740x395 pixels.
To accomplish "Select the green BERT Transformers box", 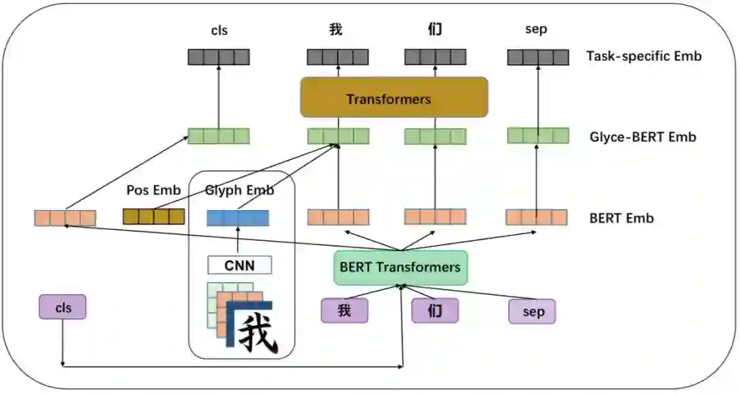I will coord(400,267).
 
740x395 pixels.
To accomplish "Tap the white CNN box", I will coord(239,264).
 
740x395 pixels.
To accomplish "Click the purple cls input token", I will coord(63,307).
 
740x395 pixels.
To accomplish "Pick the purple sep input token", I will coord(532,311).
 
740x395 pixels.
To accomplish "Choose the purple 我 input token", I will coord(344,311).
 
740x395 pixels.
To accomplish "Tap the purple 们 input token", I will coord(434,311).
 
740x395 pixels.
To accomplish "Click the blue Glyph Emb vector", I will coord(238,218).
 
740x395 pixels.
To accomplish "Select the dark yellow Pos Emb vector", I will coord(153,217).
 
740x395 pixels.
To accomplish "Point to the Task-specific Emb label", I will coord(644,56).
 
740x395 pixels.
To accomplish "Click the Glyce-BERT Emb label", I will coord(643,137).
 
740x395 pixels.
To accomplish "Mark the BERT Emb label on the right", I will coord(621,218).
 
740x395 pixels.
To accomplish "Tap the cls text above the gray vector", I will coord(219,30).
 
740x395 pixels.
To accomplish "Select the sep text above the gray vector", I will coord(536,30).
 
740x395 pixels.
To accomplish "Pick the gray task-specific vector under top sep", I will coord(538,57).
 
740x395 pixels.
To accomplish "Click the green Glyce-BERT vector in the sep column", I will coord(538,136).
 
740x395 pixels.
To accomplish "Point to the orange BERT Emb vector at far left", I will coord(65,218).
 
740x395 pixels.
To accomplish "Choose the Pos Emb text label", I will coord(153,190).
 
